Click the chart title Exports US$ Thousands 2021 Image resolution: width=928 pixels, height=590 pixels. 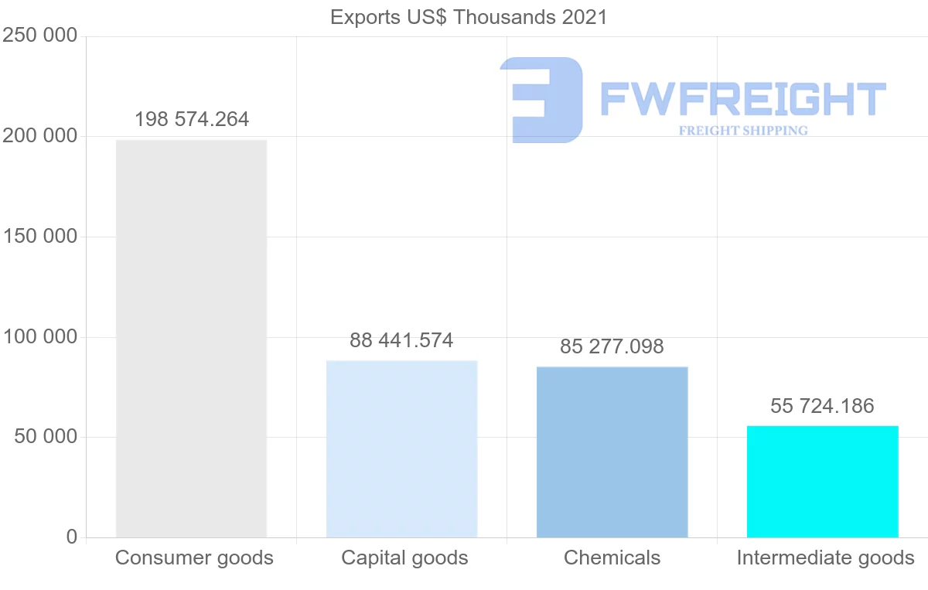click(469, 17)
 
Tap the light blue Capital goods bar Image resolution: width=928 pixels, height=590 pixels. click(401, 448)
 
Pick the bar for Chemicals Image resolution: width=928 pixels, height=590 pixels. click(612, 452)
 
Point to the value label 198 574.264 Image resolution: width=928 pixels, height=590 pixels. click(192, 120)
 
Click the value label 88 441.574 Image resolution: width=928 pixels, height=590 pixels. click(401, 340)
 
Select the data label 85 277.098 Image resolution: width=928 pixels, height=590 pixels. click(612, 346)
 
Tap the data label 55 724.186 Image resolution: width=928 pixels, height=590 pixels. click(822, 406)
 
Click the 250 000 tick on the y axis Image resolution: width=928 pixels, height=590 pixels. click(40, 36)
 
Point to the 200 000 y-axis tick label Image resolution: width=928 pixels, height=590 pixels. click(40, 136)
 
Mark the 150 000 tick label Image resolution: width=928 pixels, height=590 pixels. click(40, 237)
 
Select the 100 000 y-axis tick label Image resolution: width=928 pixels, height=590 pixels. click(40, 337)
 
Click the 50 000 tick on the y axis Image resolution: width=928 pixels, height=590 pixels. click(46, 437)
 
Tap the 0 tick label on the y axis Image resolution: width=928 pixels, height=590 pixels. click(72, 537)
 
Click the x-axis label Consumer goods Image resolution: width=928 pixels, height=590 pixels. click(194, 558)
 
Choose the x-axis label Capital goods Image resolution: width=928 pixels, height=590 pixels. click(404, 558)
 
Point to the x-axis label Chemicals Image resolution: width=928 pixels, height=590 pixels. click(612, 558)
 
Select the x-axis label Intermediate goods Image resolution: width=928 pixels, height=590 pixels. click(825, 558)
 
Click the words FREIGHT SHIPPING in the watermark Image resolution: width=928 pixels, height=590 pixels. click(743, 131)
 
